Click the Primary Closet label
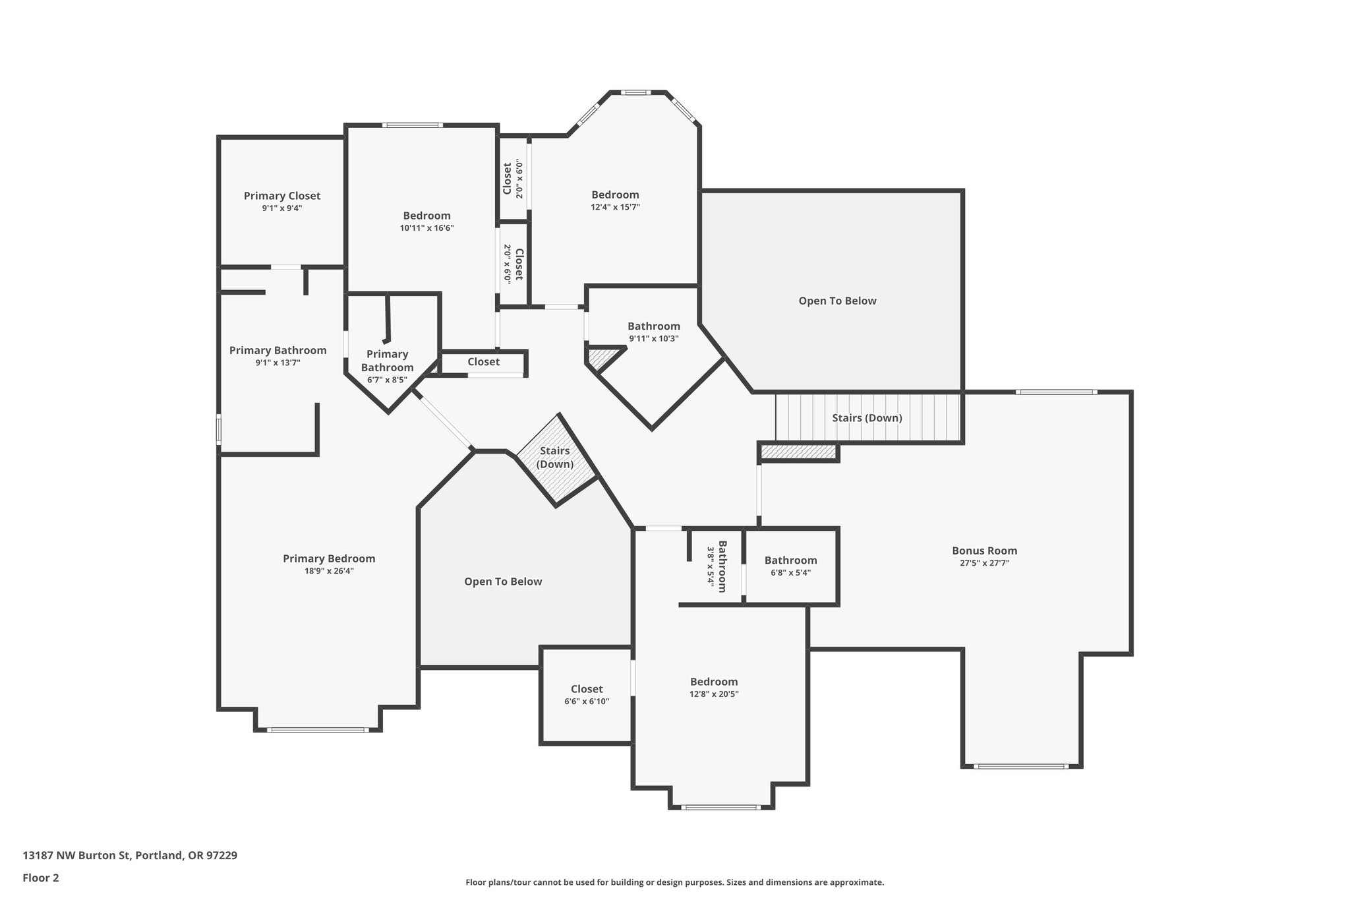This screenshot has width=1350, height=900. point(282,196)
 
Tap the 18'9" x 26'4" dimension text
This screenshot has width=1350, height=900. point(329,571)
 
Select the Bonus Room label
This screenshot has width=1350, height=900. point(984,551)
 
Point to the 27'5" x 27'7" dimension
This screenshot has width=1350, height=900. point(984,563)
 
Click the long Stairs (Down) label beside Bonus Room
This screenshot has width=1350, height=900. point(867,418)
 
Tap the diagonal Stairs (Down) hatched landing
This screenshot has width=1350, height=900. point(556,460)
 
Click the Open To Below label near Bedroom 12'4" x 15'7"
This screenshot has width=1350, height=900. point(837,301)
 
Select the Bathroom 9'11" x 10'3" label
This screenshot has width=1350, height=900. point(653,326)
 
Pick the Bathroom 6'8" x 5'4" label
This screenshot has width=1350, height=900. point(790,560)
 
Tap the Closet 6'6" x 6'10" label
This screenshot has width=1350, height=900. point(587,689)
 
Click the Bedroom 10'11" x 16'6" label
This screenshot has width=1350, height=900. point(426,216)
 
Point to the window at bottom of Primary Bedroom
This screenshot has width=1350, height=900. point(317,729)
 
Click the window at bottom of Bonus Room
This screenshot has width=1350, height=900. point(1020,766)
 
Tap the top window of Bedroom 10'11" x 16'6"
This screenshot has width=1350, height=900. point(412,125)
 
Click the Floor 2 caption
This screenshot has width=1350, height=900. point(41,878)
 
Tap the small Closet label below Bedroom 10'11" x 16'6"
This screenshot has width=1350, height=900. point(483,361)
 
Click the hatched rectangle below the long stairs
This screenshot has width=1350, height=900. point(798,452)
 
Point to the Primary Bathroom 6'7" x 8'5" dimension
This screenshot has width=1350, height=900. point(387,380)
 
